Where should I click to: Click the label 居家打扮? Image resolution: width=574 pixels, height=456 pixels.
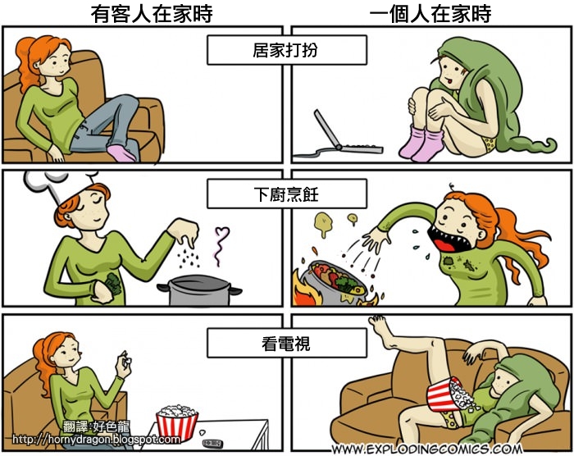click(x=285, y=50)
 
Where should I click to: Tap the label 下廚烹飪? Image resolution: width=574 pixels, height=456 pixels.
click(x=285, y=194)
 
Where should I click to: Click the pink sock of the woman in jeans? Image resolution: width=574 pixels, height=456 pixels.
click(x=122, y=152)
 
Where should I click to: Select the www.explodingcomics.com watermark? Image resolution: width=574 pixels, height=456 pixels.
click(x=427, y=449)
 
